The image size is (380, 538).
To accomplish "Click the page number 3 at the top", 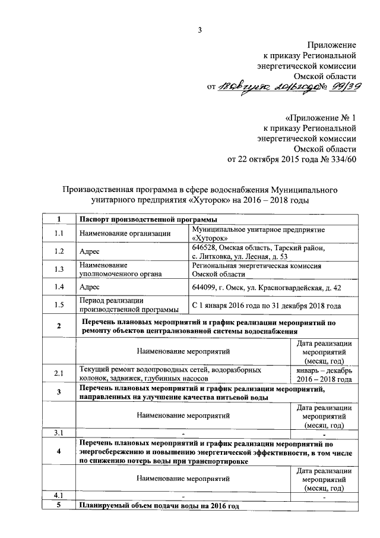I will click(200, 31).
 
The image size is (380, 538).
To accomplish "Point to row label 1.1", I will click(58, 234).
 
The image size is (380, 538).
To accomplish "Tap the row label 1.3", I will click(58, 269).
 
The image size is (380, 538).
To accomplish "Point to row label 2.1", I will click(58, 374).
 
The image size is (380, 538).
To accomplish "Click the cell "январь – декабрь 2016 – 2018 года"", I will click(324, 374).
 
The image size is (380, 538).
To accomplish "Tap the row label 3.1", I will click(58, 432).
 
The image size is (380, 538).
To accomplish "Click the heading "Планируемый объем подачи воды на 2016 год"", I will click(159, 505).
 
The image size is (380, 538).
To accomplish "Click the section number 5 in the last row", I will click(58, 505).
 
